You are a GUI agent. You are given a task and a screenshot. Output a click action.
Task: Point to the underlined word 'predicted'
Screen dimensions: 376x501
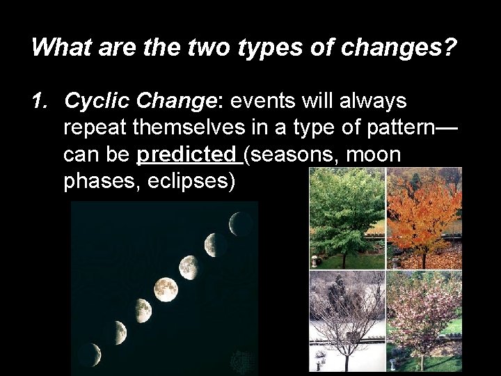click(186, 155)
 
